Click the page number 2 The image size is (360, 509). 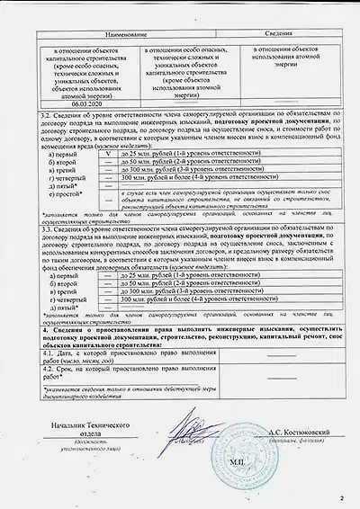tap(341, 495)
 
